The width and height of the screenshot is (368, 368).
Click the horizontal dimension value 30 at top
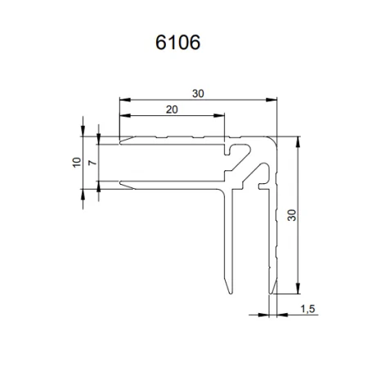tap(199, 94)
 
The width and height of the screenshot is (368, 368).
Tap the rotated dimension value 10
tap(75, 163)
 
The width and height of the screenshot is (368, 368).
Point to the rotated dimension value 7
tap(92, 163)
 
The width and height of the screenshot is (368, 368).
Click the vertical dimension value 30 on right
tap(293, 216)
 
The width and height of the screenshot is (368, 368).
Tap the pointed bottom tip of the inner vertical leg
tap(231, 291)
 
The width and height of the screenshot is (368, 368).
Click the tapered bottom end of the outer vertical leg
tap(273, 291)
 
